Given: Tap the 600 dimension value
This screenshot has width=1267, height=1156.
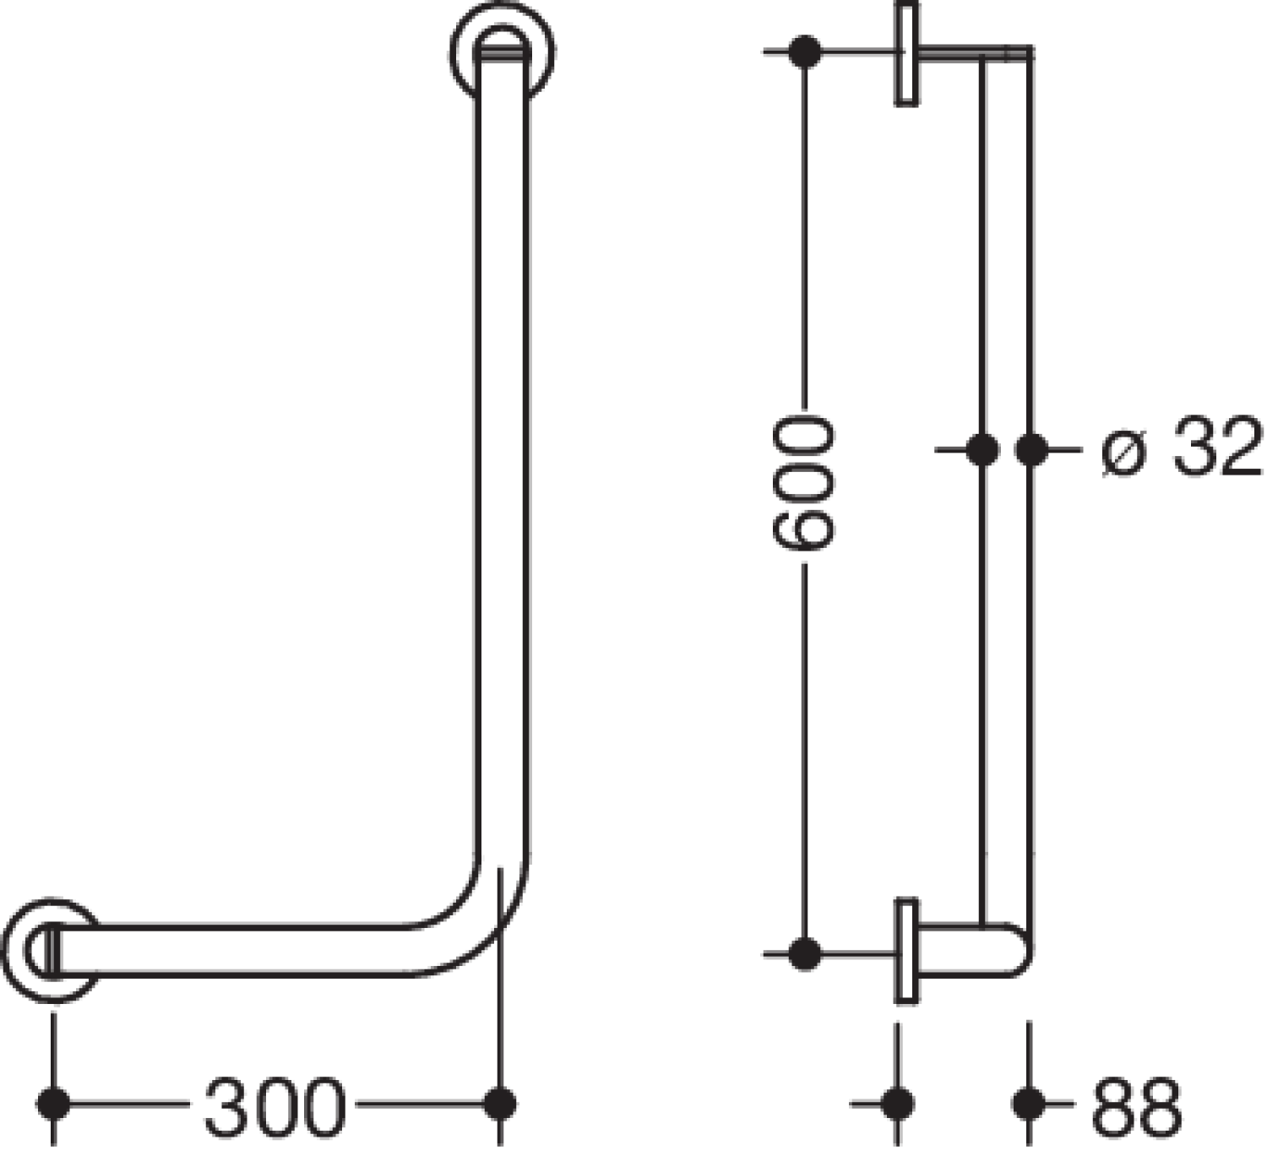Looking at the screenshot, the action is pyautogui.click(x=803, y=483).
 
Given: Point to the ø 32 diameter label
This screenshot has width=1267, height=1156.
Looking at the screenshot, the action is pyautogui.click(x=1181, y=448).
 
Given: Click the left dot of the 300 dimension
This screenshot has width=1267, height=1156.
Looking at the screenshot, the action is pyautogui.click(x=54, y=1104).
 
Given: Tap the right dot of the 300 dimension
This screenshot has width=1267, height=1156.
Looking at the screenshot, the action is pyautogui.click(x=499, y=1104).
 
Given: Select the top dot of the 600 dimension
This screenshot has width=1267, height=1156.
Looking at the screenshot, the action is pyautogui.click(x=805, y=52).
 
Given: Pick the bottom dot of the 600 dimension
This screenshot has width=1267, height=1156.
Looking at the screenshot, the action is pyautogui.click(x=805, y=954).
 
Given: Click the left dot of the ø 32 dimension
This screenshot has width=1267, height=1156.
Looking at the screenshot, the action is pyautogui.click(x=983, y=450).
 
